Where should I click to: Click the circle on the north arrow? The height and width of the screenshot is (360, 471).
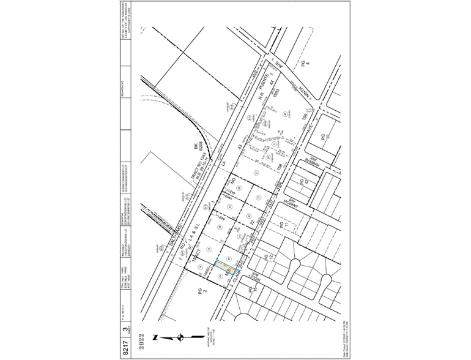pos(181,336)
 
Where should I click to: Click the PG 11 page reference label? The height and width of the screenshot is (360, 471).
pos(283,226)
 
